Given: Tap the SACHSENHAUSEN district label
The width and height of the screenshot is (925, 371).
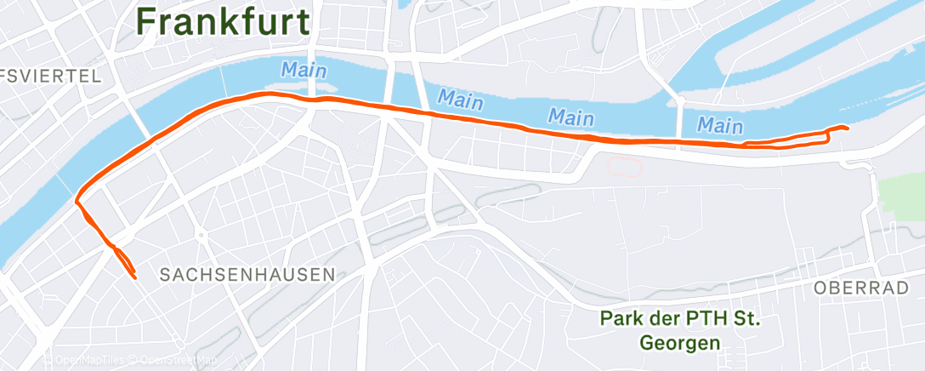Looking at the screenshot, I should pos(247,275).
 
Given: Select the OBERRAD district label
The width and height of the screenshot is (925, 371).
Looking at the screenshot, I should pos(860,288).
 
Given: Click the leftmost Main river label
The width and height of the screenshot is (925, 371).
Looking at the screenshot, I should pos(304,69).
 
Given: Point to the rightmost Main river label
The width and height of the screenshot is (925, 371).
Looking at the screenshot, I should pos(720,126).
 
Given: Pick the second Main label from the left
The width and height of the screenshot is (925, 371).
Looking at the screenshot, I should pos(460,99).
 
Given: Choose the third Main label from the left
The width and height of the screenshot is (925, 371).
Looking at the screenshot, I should pos(570,115).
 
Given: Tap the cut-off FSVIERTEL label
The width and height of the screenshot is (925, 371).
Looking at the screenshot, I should pos(51,76).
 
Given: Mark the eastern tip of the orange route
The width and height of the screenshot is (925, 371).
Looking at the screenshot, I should pos(847,128).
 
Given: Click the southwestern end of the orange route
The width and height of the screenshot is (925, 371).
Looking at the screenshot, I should pos(134,276).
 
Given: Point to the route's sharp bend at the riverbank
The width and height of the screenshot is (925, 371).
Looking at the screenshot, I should pos(78,202).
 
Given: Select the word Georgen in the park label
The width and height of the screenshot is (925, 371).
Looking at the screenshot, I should pos(679,343).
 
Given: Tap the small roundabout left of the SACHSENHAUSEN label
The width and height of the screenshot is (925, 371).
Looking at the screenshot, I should pos(201,234).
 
